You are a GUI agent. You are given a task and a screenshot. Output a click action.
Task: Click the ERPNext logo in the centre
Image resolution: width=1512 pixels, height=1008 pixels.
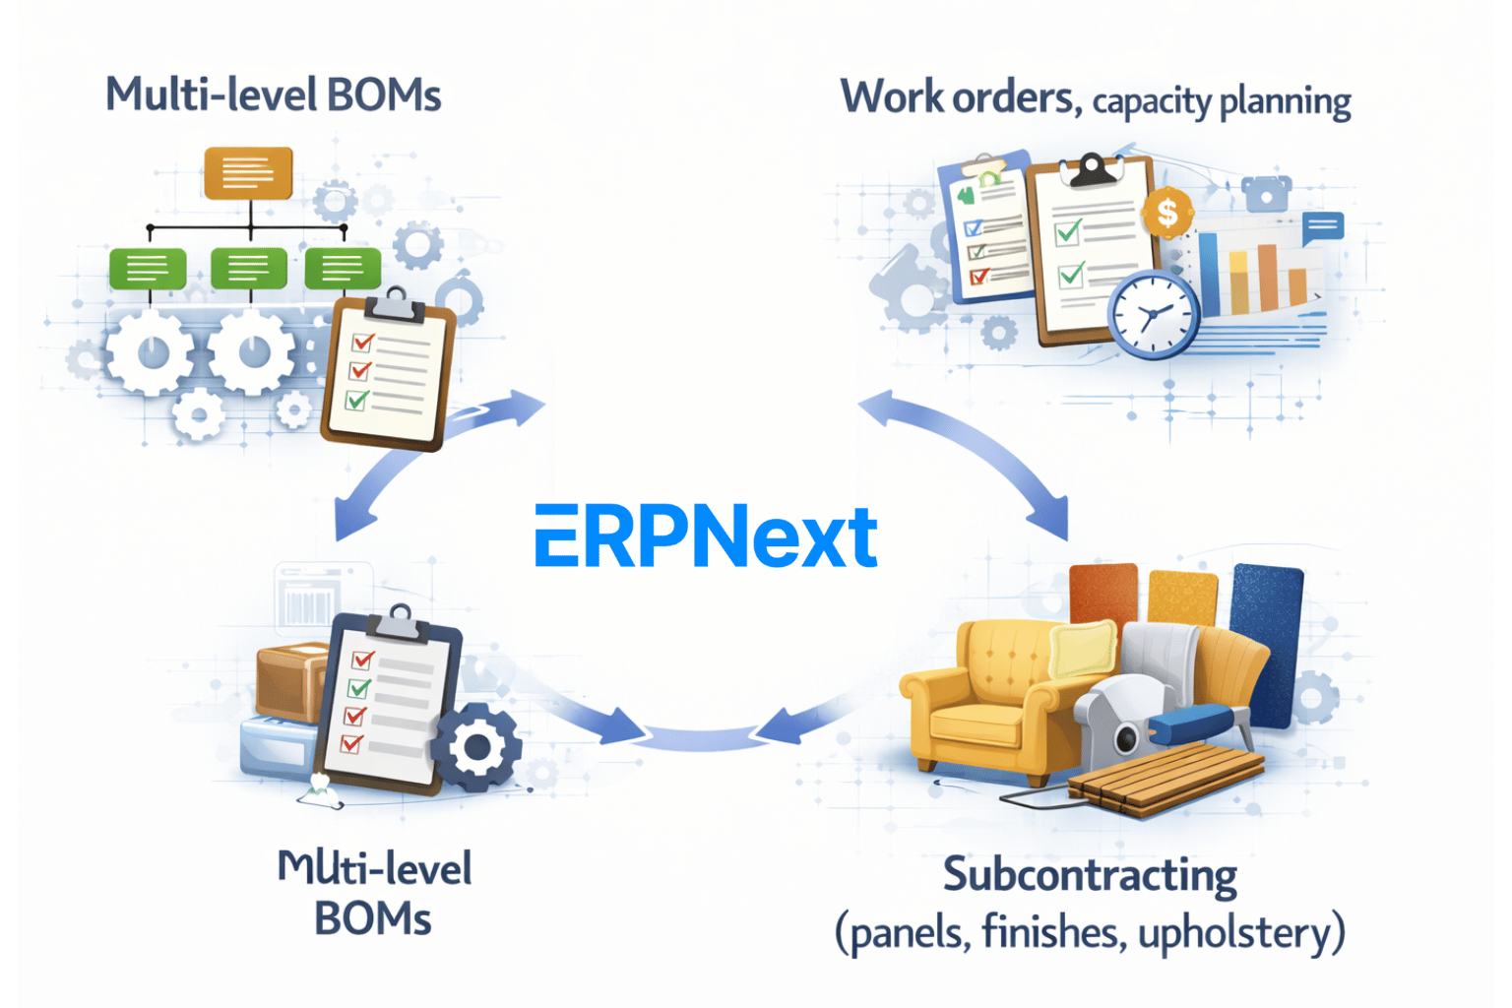coord(705,536)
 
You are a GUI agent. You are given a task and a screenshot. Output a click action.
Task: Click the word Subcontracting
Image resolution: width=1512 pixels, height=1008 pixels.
coord(1090,875)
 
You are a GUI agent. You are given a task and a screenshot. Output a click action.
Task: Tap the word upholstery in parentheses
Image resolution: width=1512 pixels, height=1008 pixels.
coord(1234,931)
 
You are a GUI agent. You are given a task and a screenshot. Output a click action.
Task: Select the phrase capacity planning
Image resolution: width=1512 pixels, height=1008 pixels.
coord(1222,101)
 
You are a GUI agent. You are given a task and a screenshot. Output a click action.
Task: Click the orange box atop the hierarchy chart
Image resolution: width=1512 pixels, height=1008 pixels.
coord(248,172)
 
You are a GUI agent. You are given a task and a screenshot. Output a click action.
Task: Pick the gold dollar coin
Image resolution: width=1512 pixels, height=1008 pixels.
coord(1167,212)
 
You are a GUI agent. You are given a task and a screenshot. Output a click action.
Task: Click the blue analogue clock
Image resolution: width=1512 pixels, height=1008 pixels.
coord(1153,315)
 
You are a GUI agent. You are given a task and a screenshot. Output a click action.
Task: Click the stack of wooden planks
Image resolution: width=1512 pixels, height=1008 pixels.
coord(1166,778)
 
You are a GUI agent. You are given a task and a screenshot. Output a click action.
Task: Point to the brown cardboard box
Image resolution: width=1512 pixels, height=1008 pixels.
coord(290,679)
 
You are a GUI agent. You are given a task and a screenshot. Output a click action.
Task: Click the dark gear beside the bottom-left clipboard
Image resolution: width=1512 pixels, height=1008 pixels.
coord(476,747)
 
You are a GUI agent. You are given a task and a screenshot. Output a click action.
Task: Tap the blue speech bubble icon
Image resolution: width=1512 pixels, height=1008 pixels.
coord(1323,227)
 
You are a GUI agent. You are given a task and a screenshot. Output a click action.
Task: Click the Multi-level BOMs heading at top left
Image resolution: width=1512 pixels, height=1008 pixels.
coord(274,95)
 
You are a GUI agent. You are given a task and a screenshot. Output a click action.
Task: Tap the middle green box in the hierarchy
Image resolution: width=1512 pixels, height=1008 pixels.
coord(248,267)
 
